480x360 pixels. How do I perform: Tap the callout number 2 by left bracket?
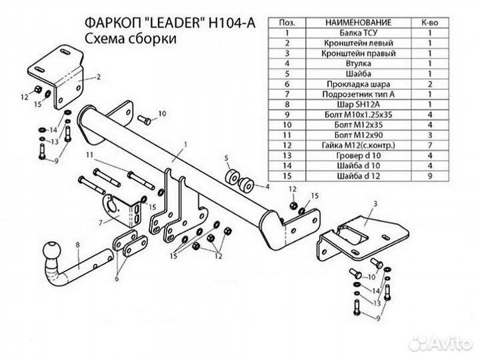point(98,77)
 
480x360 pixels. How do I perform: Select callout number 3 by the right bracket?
point(375,203)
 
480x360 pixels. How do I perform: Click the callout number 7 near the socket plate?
point(101,223)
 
